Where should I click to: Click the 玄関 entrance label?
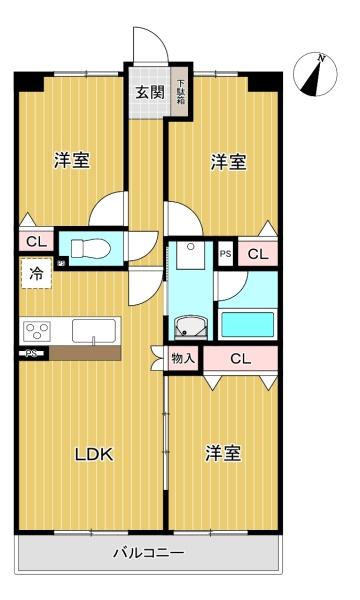(150, 92)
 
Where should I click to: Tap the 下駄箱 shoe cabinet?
(180, 92)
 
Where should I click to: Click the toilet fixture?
(91, 248)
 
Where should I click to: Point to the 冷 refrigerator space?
(36, 273)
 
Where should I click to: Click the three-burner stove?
(37, 331)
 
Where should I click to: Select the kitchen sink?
(94, 331)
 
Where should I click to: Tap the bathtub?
(248, 325)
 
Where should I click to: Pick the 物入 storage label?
(183, 359)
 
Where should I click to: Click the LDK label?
(94, 455)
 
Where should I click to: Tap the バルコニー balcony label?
(149, 553)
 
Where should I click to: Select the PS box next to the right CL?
(225, 253)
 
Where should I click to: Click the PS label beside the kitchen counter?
(31, 354)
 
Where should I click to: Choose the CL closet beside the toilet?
(36, 241)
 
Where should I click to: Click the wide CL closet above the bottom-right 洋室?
(240, 359)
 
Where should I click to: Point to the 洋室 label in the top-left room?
(72, 160)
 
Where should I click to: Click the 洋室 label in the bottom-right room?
(223, 453)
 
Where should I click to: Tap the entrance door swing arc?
(158, 37)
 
